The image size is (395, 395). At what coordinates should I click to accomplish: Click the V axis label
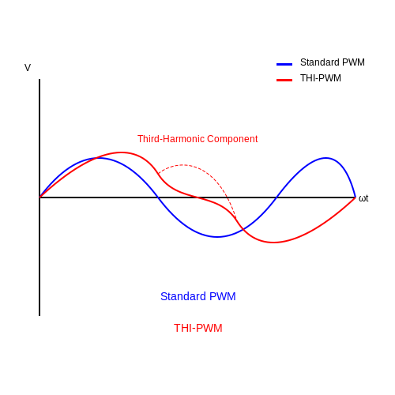(28, 68)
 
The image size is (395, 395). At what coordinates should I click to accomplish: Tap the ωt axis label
(363, 198)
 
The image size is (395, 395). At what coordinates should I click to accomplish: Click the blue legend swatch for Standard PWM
(284, 64)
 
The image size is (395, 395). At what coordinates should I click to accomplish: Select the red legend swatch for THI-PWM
(284, 80)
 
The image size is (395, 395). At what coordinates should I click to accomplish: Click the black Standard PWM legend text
(333, 62)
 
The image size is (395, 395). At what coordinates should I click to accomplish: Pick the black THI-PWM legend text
(321, 78)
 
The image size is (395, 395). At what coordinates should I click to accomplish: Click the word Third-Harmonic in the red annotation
(171, 139)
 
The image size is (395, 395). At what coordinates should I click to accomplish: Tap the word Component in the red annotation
(232, 139)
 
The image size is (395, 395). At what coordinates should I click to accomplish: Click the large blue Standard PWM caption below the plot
(198, 296)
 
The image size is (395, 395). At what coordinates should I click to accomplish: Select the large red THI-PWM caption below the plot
(198, 328)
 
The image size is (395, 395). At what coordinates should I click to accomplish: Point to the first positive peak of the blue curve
(99, 158)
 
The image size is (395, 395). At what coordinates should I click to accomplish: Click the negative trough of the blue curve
(216, 237)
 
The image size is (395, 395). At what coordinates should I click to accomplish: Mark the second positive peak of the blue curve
(325, 158)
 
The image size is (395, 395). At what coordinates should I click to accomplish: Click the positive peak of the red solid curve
(121, 152)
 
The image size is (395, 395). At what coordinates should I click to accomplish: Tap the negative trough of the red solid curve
(273, 243)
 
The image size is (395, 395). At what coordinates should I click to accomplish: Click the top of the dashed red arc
(183, 165)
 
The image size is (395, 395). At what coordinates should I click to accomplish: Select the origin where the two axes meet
(39, 197)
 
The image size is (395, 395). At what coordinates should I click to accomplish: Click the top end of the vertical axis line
(39, 79)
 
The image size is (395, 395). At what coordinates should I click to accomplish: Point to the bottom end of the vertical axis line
(39, 316)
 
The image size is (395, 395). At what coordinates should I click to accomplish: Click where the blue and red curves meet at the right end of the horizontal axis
(355, 197)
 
